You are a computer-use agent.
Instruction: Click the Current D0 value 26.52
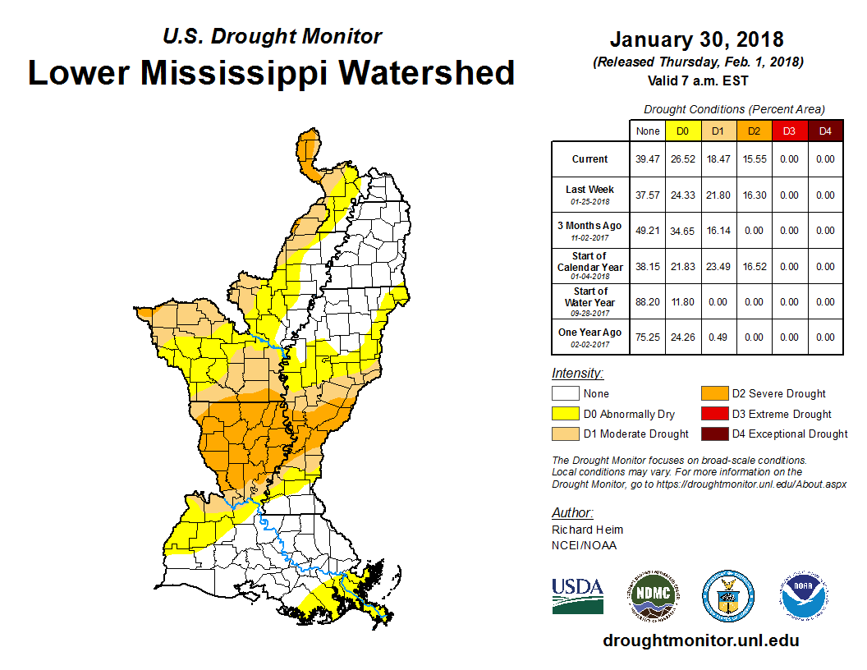(x=682, y=159)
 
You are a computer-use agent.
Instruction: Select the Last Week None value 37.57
(x=647, y=195)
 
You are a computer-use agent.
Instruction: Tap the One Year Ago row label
(x=589, y=333)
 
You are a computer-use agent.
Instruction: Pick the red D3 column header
(x=789, y=131)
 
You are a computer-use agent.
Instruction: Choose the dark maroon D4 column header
(x=825, y=131)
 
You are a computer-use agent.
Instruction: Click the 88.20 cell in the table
(x=647, y=302)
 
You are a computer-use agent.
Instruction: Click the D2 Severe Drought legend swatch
(x=711, y=393)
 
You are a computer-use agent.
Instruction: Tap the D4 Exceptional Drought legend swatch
(x=711, y=434)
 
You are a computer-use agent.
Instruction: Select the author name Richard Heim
(x=587, y=530)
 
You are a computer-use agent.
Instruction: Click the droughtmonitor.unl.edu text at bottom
(x=700, y=640)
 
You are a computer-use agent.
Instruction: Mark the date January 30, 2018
(x=697, y=39)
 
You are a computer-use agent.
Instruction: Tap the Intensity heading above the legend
(x=577, y=373)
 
